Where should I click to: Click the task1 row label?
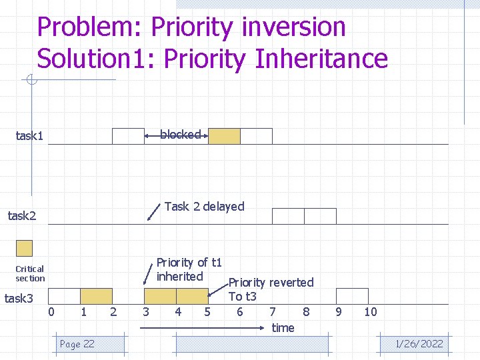click(x=29, y=136)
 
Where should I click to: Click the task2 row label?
click(x=21, y=215)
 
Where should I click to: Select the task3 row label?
click(x=19, y=298)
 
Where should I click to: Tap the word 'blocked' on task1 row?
click(x=180, y=135)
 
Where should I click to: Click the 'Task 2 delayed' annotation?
click(x=204, y=207)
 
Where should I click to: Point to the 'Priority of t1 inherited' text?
click(x=189, y=269)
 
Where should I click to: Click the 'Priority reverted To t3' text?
click(x=271, y=289)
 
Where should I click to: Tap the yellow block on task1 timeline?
click(x=224, y=136)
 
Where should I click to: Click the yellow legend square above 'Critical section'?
click(x=24, y=248)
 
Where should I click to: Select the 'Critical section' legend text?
click(x=30, y=273)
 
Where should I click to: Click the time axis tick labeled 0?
click(x=52, y=312)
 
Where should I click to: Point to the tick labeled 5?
click(x=207, y=312)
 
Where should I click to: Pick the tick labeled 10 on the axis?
click(x=370, y=312)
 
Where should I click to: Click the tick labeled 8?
click(x=306, y=312)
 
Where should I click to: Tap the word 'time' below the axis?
click(x=283, y=327)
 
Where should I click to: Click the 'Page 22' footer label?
click(x=77, y=344)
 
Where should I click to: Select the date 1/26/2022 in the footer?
click(x=419, y=344)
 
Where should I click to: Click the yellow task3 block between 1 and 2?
click(x=96, y=296)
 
